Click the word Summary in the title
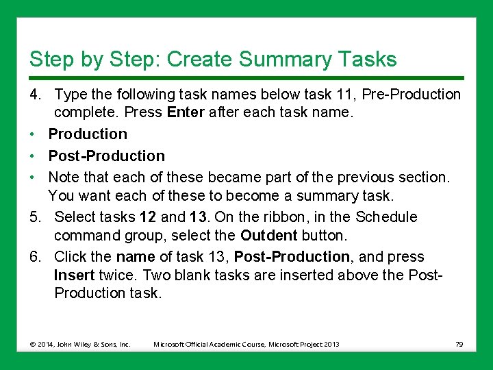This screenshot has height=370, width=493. pos(285,59)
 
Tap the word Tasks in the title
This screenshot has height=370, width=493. pos(368,58)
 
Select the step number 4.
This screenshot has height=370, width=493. pos(35,94)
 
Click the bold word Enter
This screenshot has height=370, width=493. pos(186,112)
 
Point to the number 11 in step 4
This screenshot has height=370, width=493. pos(346,94)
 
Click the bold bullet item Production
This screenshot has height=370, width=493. pos(88,134)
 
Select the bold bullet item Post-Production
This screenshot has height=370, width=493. pos(107,156)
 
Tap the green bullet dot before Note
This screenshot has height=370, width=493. pos(31,177)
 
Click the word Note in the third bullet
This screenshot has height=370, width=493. pos(64,177)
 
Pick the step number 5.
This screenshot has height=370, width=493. pos(35,217)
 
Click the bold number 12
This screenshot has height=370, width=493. pos(148,217)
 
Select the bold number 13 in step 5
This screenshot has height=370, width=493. pos(198,217)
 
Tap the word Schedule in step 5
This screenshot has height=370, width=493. pos(386,217)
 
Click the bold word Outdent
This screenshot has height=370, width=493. pos(269,235)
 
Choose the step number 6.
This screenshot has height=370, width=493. pos(35,256)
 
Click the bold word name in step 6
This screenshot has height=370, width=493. pos(136,257)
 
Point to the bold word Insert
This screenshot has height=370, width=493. pos(74,275)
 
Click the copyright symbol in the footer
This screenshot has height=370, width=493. pos(32,344)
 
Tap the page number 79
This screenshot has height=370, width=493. pos(459,344)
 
